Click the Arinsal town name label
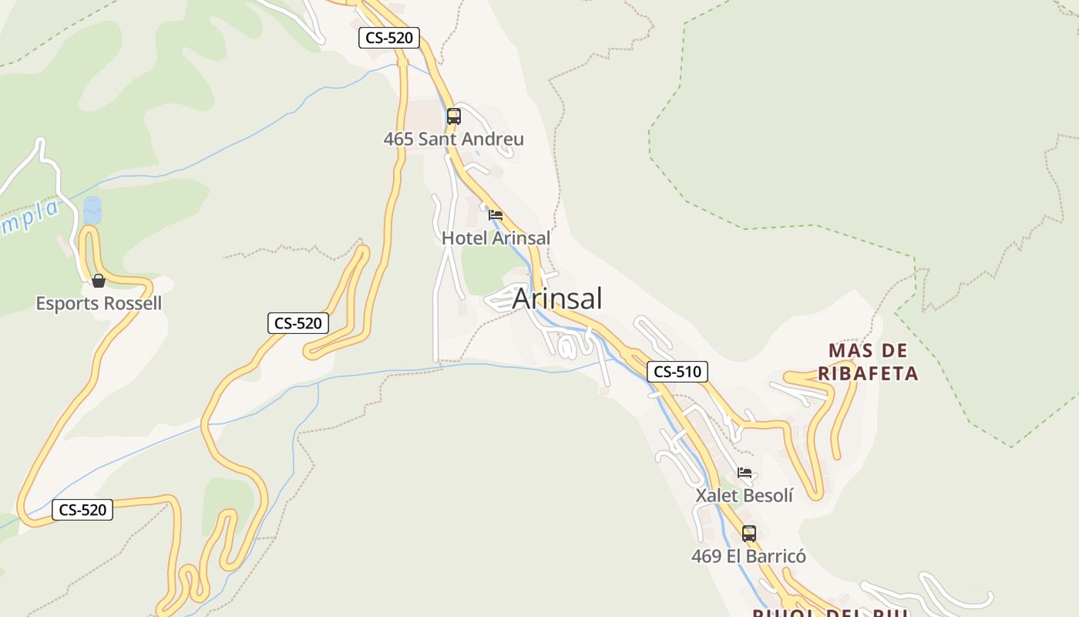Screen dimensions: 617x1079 556,298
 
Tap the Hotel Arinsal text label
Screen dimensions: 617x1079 496,238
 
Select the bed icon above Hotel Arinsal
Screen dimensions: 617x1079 496,215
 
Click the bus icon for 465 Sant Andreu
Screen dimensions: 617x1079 454,116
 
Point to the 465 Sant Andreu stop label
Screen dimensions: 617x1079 453,140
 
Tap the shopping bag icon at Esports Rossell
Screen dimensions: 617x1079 99,281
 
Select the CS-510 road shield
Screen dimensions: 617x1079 677,372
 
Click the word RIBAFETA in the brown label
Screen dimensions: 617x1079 868,374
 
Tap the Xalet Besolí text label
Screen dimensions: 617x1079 744,495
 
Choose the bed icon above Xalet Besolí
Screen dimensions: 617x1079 744,473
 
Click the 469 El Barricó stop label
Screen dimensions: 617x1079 748,556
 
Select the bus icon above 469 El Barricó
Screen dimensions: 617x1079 748,533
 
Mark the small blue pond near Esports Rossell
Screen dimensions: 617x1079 92,210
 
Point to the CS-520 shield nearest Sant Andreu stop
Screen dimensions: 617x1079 388,37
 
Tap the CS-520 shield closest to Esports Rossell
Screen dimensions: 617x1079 298,323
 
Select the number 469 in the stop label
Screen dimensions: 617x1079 706,556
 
